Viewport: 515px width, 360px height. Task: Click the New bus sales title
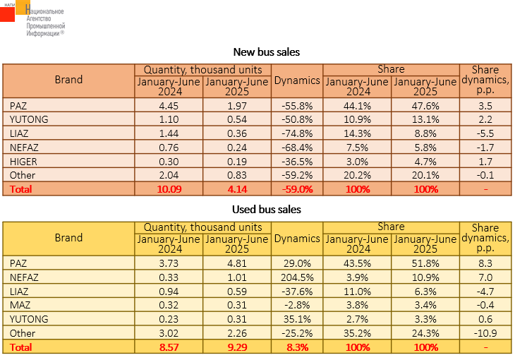pos(267,52)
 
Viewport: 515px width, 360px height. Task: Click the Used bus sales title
pos(267,210)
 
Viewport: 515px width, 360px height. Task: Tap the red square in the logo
pos(7,14)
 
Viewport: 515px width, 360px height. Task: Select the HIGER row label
pos(23,162)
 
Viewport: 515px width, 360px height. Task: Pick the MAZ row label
pos(20,305)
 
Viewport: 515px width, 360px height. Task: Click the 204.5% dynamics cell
pos(297,277)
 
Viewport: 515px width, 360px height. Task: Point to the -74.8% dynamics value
pos(297,133)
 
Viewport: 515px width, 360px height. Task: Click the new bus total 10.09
pos(169,189)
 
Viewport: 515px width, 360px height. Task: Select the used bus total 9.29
pos(237,347)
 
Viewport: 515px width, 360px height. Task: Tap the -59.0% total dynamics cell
pos(297,189)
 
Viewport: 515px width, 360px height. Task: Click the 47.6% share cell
pos(425,106)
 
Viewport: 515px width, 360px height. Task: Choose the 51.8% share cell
pos(425,263)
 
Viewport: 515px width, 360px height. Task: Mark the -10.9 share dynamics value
pos(485,333)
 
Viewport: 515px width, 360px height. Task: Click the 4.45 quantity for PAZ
pos(169,106)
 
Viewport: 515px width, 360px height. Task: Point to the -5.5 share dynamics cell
pos(485,133)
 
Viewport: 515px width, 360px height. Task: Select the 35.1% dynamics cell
pos(297,319)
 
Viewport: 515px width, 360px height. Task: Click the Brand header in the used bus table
pos(68,238)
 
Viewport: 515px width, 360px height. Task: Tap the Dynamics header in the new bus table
pos(297,80)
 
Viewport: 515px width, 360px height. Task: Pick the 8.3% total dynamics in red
pos(298,347)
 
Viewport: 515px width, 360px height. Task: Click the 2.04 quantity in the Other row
pos(169,175)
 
